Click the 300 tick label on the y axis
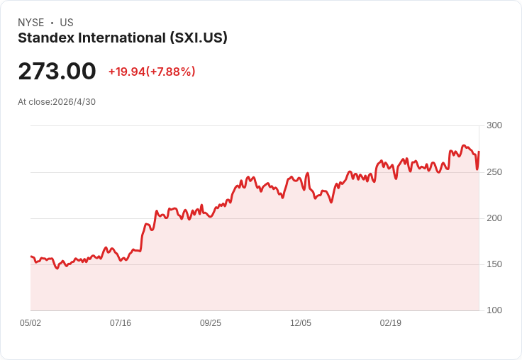click(x=494, y=125)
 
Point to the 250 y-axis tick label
click(x=494, y=172)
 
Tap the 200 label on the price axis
click(x=494, y=218)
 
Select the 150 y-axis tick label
click(x=494, y=264)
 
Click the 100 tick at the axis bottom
click(x=494, y=310)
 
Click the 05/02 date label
click(x=30, y=323)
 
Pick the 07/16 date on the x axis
click(x=121, y=323)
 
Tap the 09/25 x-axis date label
click(x=211, y=323)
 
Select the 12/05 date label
click(x=301, y=323)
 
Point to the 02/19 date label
click(x=391, y=323)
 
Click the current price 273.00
click(x=57, y=71)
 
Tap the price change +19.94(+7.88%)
click(x=152, y=72)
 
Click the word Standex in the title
click(x=46, y=38)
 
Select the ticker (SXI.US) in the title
click(x=199, y=38)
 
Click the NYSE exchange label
click(x=31, y=23)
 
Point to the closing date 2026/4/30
click(x=74, y=102)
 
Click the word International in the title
click(x=122, y=38)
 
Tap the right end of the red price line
click(x=479, y=152)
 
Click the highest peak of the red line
click(x=464, y=145)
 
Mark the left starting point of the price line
click(x=31, y=257)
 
